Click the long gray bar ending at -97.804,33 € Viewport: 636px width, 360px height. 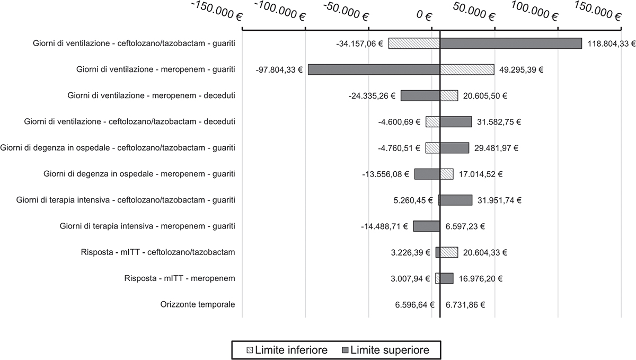coord(374,69)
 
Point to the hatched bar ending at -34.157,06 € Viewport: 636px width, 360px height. coord(414,43)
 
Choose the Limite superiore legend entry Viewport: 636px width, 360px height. coord(386,350)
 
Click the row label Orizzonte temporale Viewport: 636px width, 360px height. coord(198,304)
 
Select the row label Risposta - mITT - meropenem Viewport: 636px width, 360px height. coord(180,278)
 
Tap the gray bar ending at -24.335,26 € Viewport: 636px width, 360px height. coord(420,95)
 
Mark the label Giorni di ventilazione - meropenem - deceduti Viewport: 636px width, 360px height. coord(152,95)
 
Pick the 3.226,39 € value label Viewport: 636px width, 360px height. coord(411,252)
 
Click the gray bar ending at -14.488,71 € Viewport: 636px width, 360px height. coord(427,226)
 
